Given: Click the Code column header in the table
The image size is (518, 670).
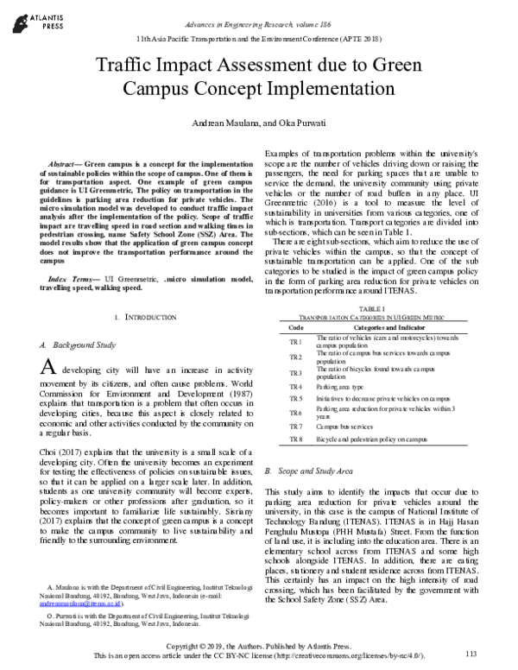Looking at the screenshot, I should click(295, 327).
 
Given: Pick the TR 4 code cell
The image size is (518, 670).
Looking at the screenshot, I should click(295, 387).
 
